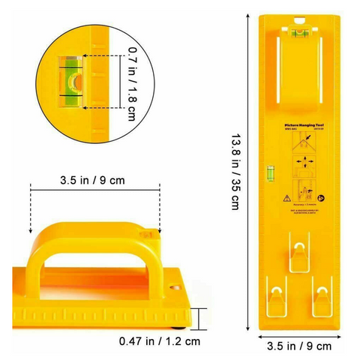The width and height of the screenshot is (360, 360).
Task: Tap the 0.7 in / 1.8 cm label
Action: click(133, 83)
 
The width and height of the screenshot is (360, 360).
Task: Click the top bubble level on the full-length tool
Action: click(298, 31)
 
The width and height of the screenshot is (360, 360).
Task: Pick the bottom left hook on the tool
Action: click(279, 298)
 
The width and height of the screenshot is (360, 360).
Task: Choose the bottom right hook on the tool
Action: click(322, 298)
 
